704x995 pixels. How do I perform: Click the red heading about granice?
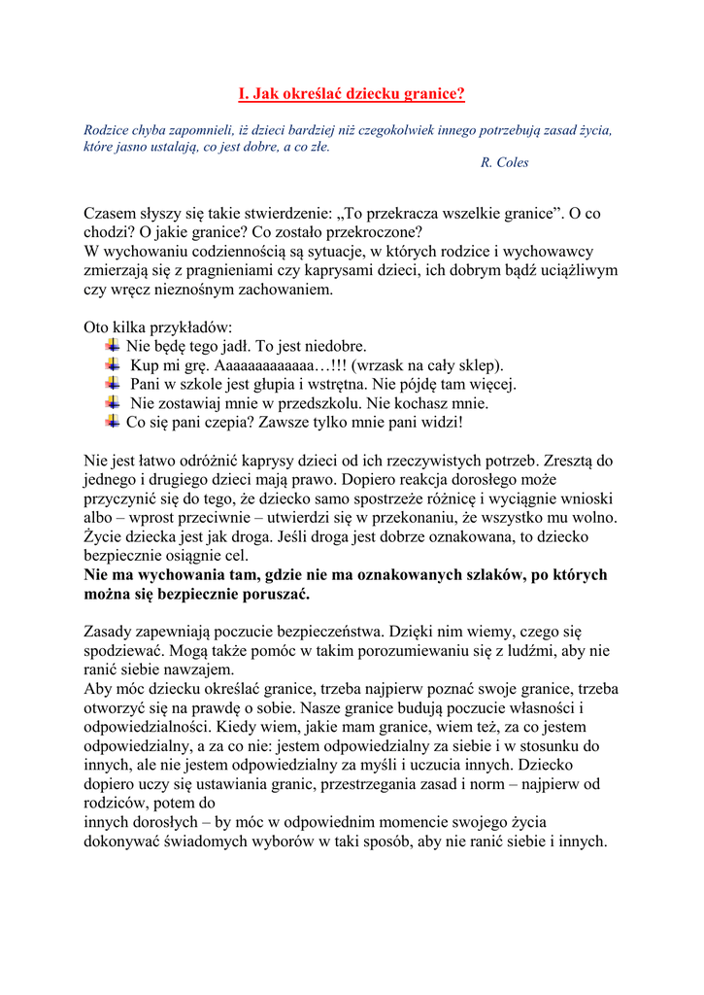(x=352, y=94)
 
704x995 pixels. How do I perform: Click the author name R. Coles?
(x=504, y=162)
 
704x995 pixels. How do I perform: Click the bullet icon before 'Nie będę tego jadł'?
(x=112, y=345)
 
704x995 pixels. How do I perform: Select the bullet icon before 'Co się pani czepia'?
(x=112, y=421)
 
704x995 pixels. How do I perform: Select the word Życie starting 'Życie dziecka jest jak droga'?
(x=104, y=536)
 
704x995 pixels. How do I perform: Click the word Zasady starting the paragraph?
(x=111, y=632)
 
